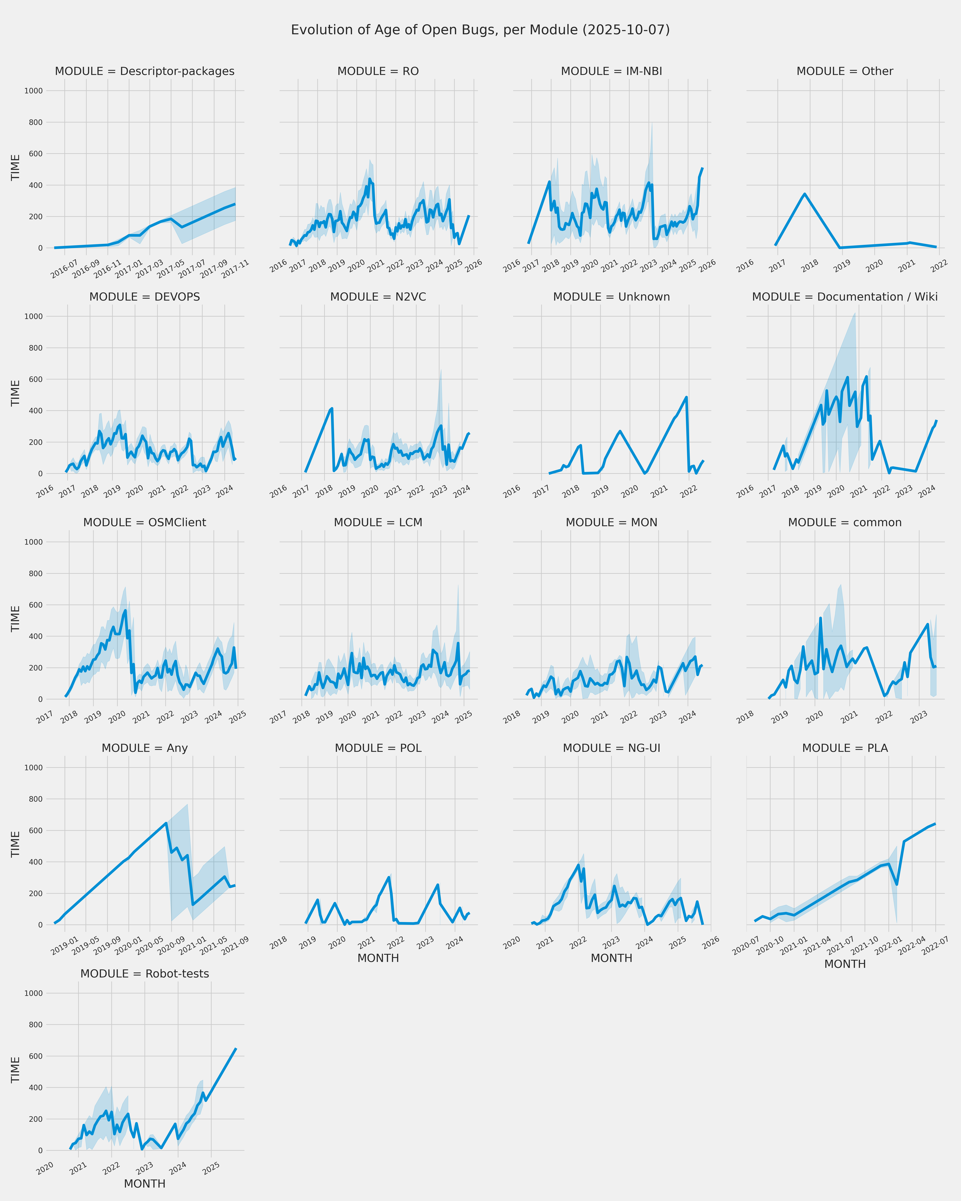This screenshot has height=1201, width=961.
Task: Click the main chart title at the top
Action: pos(480,29)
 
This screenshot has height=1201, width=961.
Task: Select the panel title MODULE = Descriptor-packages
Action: pos(144,71)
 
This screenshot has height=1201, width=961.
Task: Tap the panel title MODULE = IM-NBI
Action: pos(611,71)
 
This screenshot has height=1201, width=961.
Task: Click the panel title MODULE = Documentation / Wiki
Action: pos(845,297)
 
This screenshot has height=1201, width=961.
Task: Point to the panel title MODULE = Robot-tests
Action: pos(144,974)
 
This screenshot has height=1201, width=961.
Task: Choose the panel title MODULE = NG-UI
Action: pos(611,748)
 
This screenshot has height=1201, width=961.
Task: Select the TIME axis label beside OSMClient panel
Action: pos(16,618)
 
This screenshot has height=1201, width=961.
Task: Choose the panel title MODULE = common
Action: pos(845,523)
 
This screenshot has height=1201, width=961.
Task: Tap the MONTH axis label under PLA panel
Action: pos(845,964)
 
